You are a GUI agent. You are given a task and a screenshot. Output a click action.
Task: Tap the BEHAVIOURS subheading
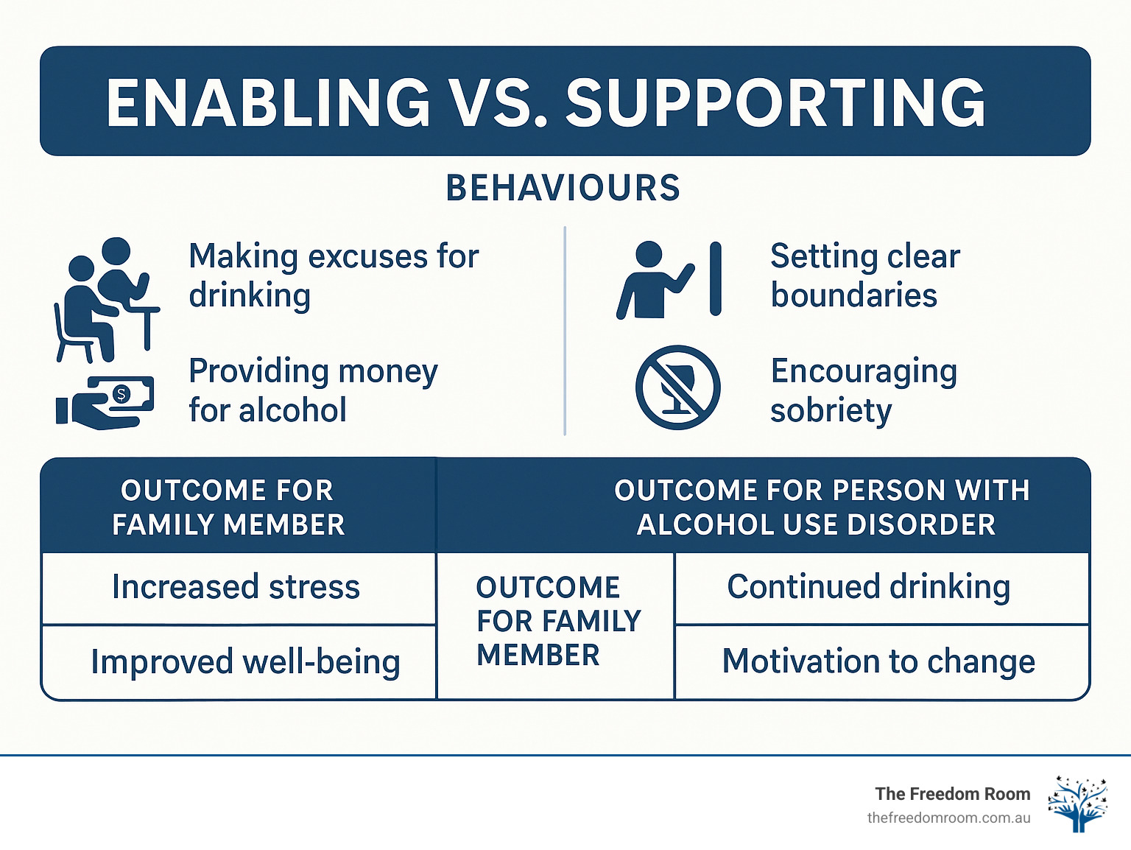pos(563,188)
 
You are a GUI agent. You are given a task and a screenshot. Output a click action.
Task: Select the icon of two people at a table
pos(106,299)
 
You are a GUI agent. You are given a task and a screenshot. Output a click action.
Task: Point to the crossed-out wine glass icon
pos(677,387)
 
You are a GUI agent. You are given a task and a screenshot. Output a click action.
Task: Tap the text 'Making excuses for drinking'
pos(333,275)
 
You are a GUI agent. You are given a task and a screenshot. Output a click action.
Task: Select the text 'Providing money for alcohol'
pos(313,390)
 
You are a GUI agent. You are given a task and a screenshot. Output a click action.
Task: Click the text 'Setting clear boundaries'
pos(864,275)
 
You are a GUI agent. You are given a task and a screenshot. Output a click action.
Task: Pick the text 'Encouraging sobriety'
pos(863,390)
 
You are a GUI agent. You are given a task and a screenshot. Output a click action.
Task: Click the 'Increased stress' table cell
pos(236,588)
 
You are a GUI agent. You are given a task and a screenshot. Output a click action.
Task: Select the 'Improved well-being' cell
pos(245,661)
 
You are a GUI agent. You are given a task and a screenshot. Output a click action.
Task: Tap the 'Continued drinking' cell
pos(869,587)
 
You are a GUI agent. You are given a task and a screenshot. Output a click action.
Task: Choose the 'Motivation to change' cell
pos(878,661)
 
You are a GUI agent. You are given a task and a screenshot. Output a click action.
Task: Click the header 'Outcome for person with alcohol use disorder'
pos(820,507)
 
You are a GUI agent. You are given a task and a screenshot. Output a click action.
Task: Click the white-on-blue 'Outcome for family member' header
pos(228,507)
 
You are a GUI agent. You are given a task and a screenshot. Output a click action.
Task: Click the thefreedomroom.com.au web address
pos(948,818)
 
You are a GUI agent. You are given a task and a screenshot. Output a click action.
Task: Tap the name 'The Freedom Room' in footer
pos(952,793)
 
